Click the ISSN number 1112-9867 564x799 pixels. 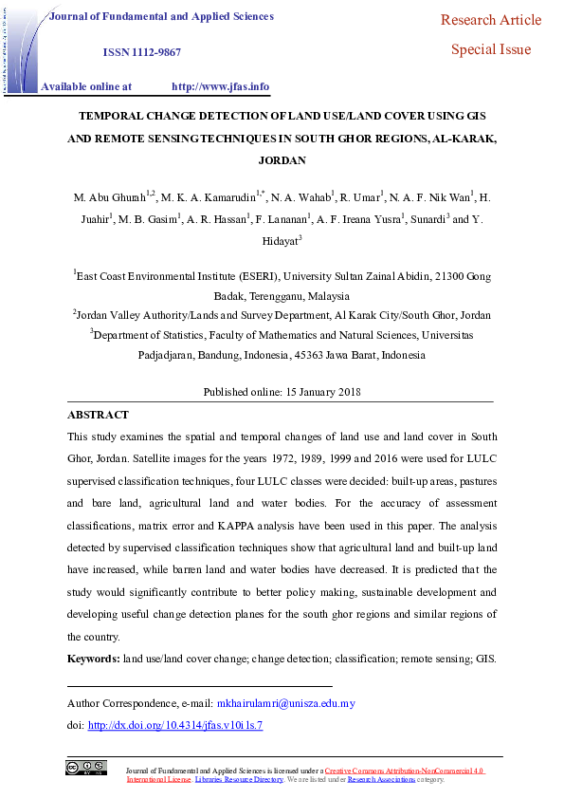tap(154, 53)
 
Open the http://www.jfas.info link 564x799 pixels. tap(220, 86)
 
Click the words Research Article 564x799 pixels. tap(491, 20)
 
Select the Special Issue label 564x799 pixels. tap(491, 50)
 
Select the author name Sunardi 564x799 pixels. tap(422, 220)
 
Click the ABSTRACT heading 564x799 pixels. tap(99, 415)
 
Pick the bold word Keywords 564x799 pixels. tap(93, 659)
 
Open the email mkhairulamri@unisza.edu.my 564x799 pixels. tap(285, 703)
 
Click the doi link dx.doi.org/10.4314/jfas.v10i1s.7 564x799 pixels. tap(174, 725)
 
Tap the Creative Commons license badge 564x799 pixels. tap(85, 768)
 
